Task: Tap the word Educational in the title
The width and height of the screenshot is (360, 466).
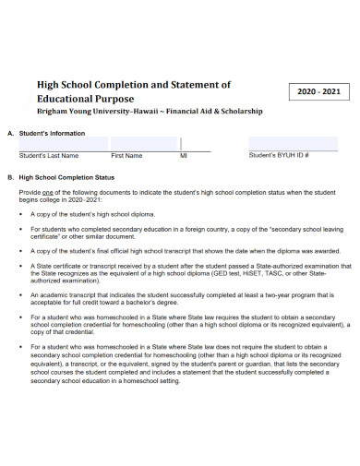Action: click(66, 98)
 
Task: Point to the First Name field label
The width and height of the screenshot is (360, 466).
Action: click(126, 156)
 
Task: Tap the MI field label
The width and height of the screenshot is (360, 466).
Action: click(183, 156)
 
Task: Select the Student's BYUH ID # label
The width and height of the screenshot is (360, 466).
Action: click(279, 156)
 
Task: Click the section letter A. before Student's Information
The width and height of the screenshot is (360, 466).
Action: click(9, 133)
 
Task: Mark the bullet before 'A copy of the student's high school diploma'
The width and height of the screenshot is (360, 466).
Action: click(21, 213)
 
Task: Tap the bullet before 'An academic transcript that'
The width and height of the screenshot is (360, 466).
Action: click(21, 294)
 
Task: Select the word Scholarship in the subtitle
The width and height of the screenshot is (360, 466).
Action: click(239, 111)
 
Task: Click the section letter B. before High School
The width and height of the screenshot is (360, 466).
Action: click(9, 177)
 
